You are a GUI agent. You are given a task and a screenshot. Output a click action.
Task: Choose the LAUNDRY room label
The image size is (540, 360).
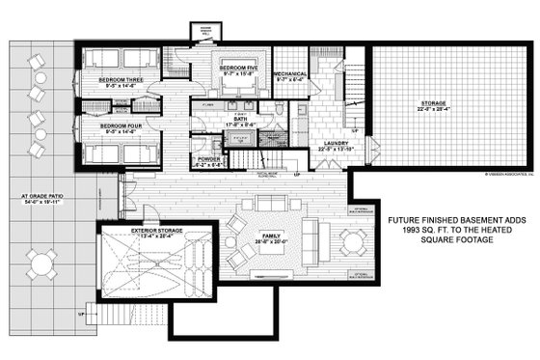pyautogui.click(x=334, y=144)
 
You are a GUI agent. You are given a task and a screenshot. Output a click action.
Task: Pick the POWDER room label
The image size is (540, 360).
pyautogui.click(x=208, y=159)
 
